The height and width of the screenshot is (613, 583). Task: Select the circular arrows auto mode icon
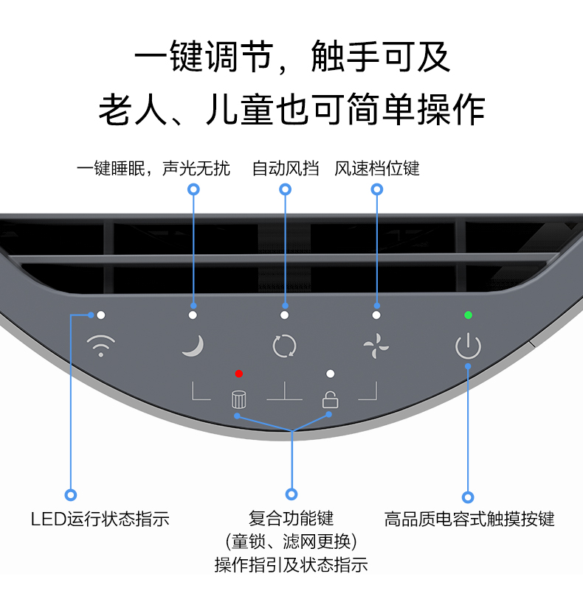click(x=284, y=346)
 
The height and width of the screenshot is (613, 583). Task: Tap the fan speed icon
click(x=376, y=346)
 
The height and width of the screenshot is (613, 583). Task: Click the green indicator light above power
click(x=468, y=315)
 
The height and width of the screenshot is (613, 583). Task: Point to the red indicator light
click(x=239, y=374)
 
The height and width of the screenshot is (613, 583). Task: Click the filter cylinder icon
click(x=238, y=399)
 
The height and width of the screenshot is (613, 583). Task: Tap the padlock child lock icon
click(x=330, y=399)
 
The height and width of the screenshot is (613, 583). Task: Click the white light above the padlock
click(x=330, y=374)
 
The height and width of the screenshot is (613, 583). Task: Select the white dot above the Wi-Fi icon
click(x=101, y=315)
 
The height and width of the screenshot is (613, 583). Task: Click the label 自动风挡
click(x=286, y=169)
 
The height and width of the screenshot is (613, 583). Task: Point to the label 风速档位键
click(x=376, y=169)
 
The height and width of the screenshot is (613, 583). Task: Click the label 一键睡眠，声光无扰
click(x=153, y=169)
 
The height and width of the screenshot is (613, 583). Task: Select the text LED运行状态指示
click(x=100, y=519)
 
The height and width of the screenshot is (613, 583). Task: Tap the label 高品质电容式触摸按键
click(x=469, y=519)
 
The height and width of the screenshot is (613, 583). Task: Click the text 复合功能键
click(x=291, y=519)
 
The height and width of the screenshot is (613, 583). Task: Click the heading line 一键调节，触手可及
click(x=292, y=56)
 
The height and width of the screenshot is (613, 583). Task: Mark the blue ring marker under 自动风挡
click(x=285, y=189)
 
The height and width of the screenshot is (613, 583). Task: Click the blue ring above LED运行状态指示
click(x=71, y=495)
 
